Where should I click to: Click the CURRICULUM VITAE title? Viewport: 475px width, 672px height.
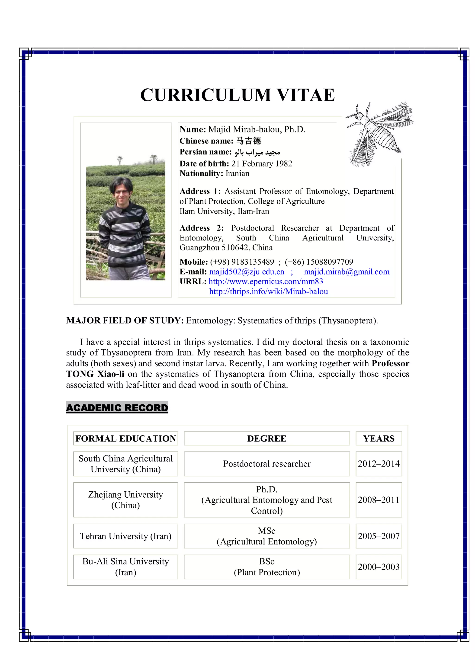pos(237,95)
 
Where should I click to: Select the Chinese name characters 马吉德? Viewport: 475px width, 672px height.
pos(248,141)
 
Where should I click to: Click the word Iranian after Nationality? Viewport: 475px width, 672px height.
pos(237,173)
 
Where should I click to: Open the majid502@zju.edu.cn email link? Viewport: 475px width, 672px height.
pos(246,272)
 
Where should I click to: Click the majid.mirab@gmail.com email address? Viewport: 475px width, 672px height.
pos(347,272)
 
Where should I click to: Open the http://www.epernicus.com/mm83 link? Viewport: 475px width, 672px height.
pos(266,282)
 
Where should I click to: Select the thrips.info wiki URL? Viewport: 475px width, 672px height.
pos(268,291)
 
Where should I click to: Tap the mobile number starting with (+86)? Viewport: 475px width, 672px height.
pos(319,262)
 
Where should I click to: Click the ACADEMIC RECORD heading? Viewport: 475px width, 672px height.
pos(117,408)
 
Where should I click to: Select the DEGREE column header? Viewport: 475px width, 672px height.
pos(267,438)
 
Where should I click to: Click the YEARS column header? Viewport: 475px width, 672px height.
pos(379,438)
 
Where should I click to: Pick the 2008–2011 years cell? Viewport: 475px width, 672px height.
pos(379,500)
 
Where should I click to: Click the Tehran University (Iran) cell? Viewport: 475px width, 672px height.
pos(125,536)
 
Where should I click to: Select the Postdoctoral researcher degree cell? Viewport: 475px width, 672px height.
pos(267,464)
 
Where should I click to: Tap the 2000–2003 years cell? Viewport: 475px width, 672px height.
pos(379,567)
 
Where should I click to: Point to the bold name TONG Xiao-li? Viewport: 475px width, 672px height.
pos(95,374)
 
